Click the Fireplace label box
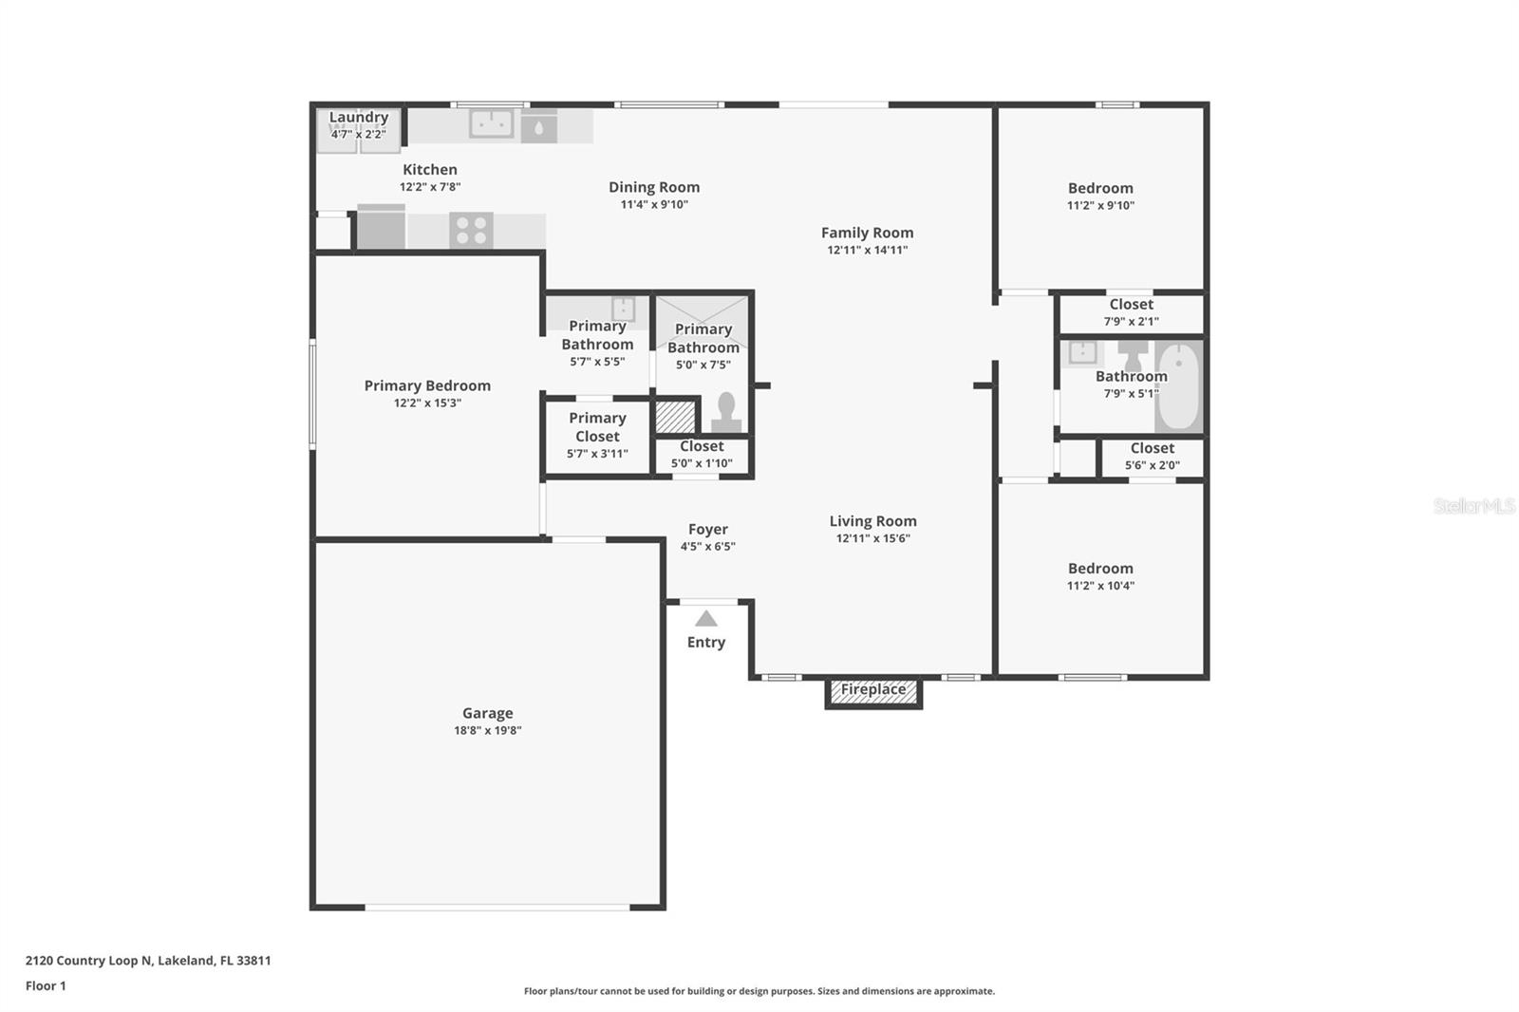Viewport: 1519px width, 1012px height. coord(873,690)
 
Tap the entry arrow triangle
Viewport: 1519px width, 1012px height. coord(705,619)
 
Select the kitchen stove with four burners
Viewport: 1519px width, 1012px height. coord(471,230)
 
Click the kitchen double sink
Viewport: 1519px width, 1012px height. coord(492,123)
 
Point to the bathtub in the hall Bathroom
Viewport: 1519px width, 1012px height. coord(1178,386)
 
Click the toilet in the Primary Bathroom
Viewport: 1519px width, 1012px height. coord(726,413)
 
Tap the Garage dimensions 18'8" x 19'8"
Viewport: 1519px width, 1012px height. coord(487,730)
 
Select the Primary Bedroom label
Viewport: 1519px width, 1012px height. coord(427,385)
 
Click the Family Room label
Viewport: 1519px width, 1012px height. coord(867,233)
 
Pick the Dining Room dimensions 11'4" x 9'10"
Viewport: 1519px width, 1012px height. coord(654,204)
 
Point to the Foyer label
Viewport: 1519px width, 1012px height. coord(707,530)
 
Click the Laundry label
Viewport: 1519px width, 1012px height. coord(358,118)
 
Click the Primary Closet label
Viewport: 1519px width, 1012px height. coord(597,427)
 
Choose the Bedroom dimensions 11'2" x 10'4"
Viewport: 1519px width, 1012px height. coord(1100,586)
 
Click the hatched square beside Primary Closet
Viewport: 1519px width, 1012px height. coord(676,417)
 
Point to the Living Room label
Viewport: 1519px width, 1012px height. coord(872,521)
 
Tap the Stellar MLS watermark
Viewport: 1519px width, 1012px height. coord(1473,506)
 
